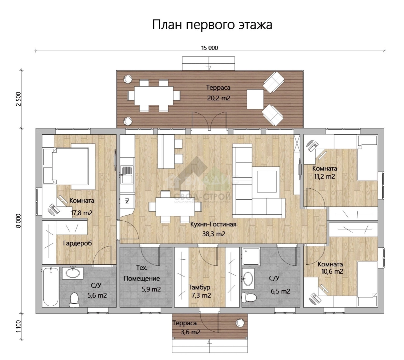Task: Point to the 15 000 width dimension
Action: coord(210,48)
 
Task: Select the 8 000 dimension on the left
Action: coord(19,221)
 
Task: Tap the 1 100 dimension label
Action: coord(19,327)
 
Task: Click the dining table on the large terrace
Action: coord(154,95)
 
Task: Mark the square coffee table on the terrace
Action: coord(255,99)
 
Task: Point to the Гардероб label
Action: coord(77,243)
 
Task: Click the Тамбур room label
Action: coord(199,287)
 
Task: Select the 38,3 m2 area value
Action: coord(214,234)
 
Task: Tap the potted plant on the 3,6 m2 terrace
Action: coord(239,322)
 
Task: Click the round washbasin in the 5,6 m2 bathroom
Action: coord(73,273)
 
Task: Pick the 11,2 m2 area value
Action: coord(324,177)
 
